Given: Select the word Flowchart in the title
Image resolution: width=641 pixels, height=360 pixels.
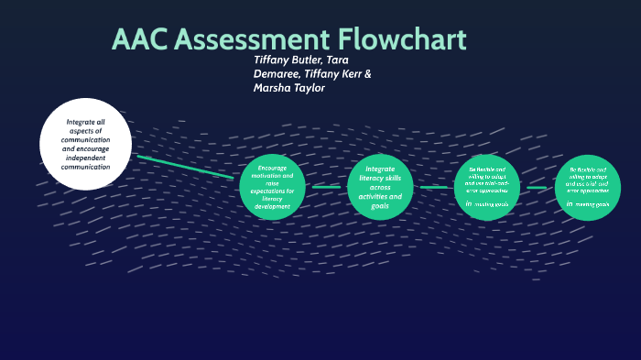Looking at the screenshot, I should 403,39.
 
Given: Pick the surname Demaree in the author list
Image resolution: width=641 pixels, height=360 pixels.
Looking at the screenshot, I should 277,74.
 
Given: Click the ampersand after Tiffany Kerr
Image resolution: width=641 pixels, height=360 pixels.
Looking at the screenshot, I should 368,74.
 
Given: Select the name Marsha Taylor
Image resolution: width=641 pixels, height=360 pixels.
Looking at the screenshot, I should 289,89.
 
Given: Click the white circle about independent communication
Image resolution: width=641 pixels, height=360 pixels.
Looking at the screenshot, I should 85,144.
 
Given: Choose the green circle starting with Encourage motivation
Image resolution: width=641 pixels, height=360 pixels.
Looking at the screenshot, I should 272,187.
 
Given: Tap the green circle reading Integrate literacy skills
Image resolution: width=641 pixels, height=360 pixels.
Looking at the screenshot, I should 380,187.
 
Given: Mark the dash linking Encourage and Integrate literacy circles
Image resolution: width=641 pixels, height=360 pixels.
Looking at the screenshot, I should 326,187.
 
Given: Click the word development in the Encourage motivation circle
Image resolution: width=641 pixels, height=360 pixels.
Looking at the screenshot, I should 272,206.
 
